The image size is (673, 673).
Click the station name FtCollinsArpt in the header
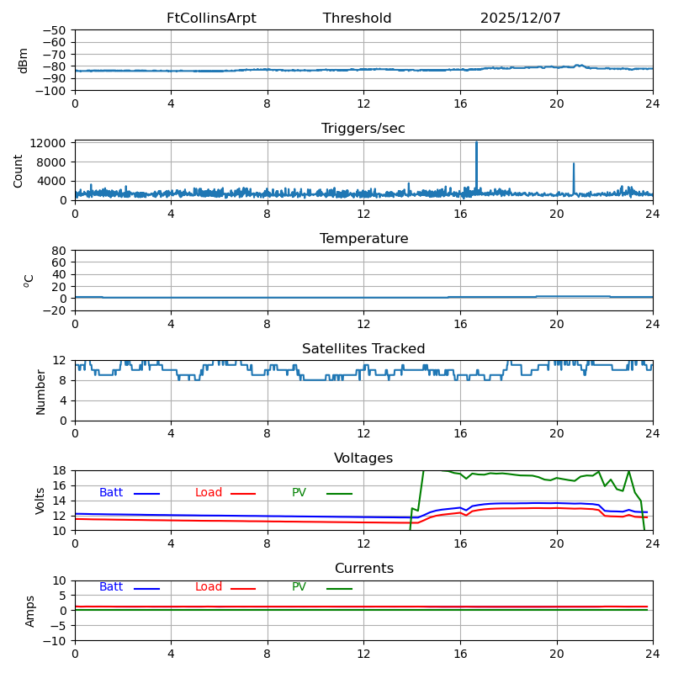[x=211, y=19]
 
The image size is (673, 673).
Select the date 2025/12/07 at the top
[x=520, y=19]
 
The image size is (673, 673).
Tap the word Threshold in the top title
[x=357, y=19]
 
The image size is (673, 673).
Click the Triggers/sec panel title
[x=363, y=129]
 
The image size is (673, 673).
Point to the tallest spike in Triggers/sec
[x=476, y=144]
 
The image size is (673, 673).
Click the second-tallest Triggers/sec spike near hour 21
[x=574, y=165]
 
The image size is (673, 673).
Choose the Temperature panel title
[x=363, y=239]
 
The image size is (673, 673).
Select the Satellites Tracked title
[x=363, y=349]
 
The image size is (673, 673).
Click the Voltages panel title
[x=363, y=458]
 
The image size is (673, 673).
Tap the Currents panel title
[x=363, y=569]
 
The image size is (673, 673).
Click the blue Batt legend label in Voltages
[x=111, y=493]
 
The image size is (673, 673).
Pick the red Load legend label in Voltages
[x=209, y=493]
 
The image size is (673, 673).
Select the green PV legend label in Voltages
[x=299, y=493]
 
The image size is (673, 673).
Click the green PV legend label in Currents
[x=299, y=587]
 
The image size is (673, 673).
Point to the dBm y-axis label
[x=24, y=61]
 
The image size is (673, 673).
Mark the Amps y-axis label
[x=30, y=611]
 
